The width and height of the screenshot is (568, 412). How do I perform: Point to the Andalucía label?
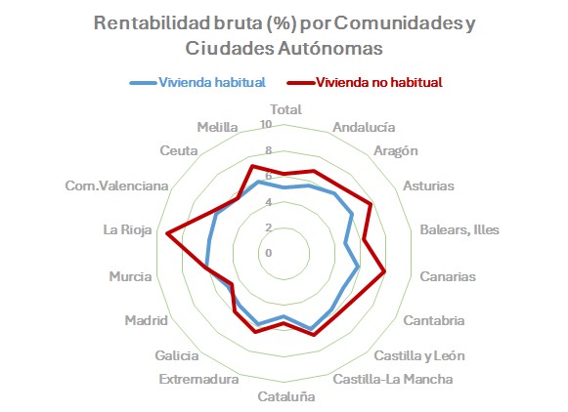(x=364, y=127)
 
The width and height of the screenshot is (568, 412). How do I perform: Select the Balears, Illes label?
(x=459, y=230)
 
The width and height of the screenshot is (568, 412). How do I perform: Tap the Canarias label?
(x=447, y=276)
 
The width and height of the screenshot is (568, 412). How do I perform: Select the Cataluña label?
(x=285, y=396)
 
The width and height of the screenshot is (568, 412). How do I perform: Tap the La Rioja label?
(x=126, y=230)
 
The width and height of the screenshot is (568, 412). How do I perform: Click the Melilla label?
(x=214, y=127)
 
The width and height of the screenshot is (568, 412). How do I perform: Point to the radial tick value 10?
(x=268, y=126)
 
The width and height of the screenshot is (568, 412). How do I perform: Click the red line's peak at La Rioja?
(x=168, y=232)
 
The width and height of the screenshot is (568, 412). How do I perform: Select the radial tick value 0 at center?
(x=269, y=252)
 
